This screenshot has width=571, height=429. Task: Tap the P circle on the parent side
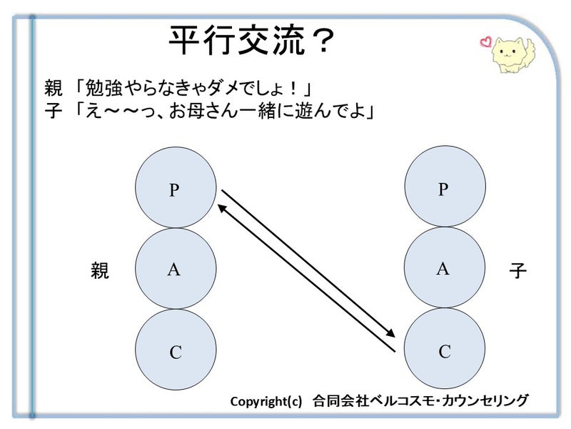pyautogui.click(x=176, y=188)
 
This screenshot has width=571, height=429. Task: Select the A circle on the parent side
pyautogui.click(x=176, y=270)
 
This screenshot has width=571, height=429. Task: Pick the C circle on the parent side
pyautogui.click(x=176, y=350)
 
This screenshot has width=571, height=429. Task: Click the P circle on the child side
pyautogui.click(x=444, y=188)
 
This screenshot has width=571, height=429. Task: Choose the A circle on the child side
pyautogui.click(x=444, y=268)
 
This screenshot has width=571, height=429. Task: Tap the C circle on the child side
pyautogui.click(x=444, y=350)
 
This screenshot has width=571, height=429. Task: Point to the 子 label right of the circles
pyautogui.click(x=518, y=271)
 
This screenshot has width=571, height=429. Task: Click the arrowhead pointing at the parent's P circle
pyautogui.click(x=221, y=207)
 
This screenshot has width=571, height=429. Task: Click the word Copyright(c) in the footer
pyautogui.click(x=266, y=401)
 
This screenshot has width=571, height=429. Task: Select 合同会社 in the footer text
pyautogui.click(x=335, y=400)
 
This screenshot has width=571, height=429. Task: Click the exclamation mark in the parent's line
pyautogui.click(x=293, y=89)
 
